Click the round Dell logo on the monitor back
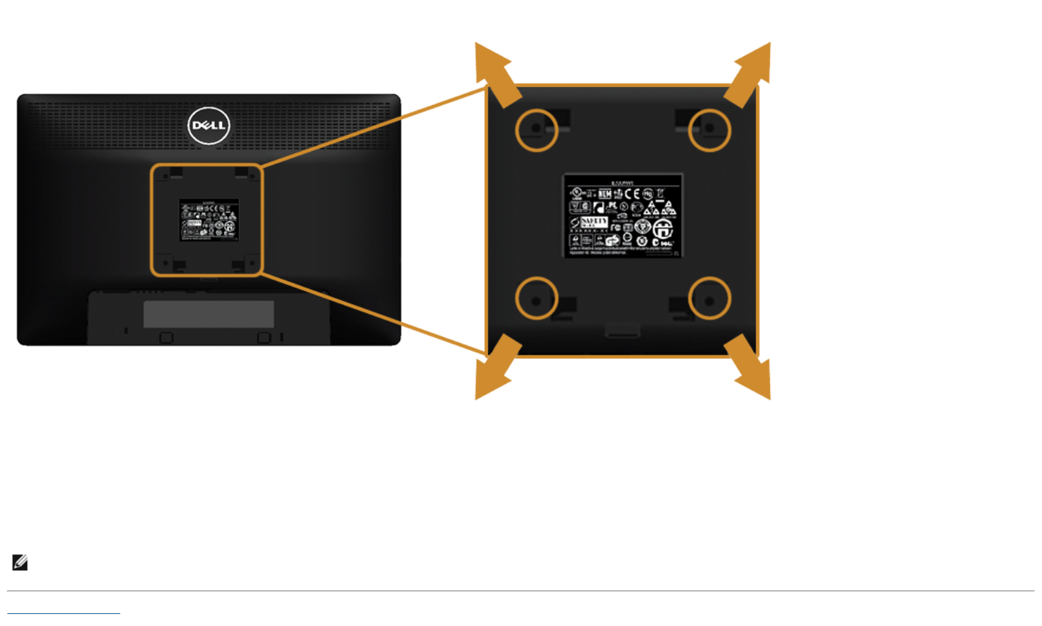point(208,125)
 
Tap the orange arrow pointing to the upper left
point(496,71)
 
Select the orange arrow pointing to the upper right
point(750,71)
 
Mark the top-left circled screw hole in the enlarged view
point(536,129)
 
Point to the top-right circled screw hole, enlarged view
point(709,129)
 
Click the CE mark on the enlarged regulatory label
point(632,194)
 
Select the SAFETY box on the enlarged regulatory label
point(594,222)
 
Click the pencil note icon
point(20,563)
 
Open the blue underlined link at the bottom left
point(63,612)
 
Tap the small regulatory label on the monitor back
point(209,220)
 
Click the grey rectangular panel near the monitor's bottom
point(208,314)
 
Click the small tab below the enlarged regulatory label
point(623,330)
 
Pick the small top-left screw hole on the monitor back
point(165,177)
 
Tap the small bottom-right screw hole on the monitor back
point(252,263)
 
